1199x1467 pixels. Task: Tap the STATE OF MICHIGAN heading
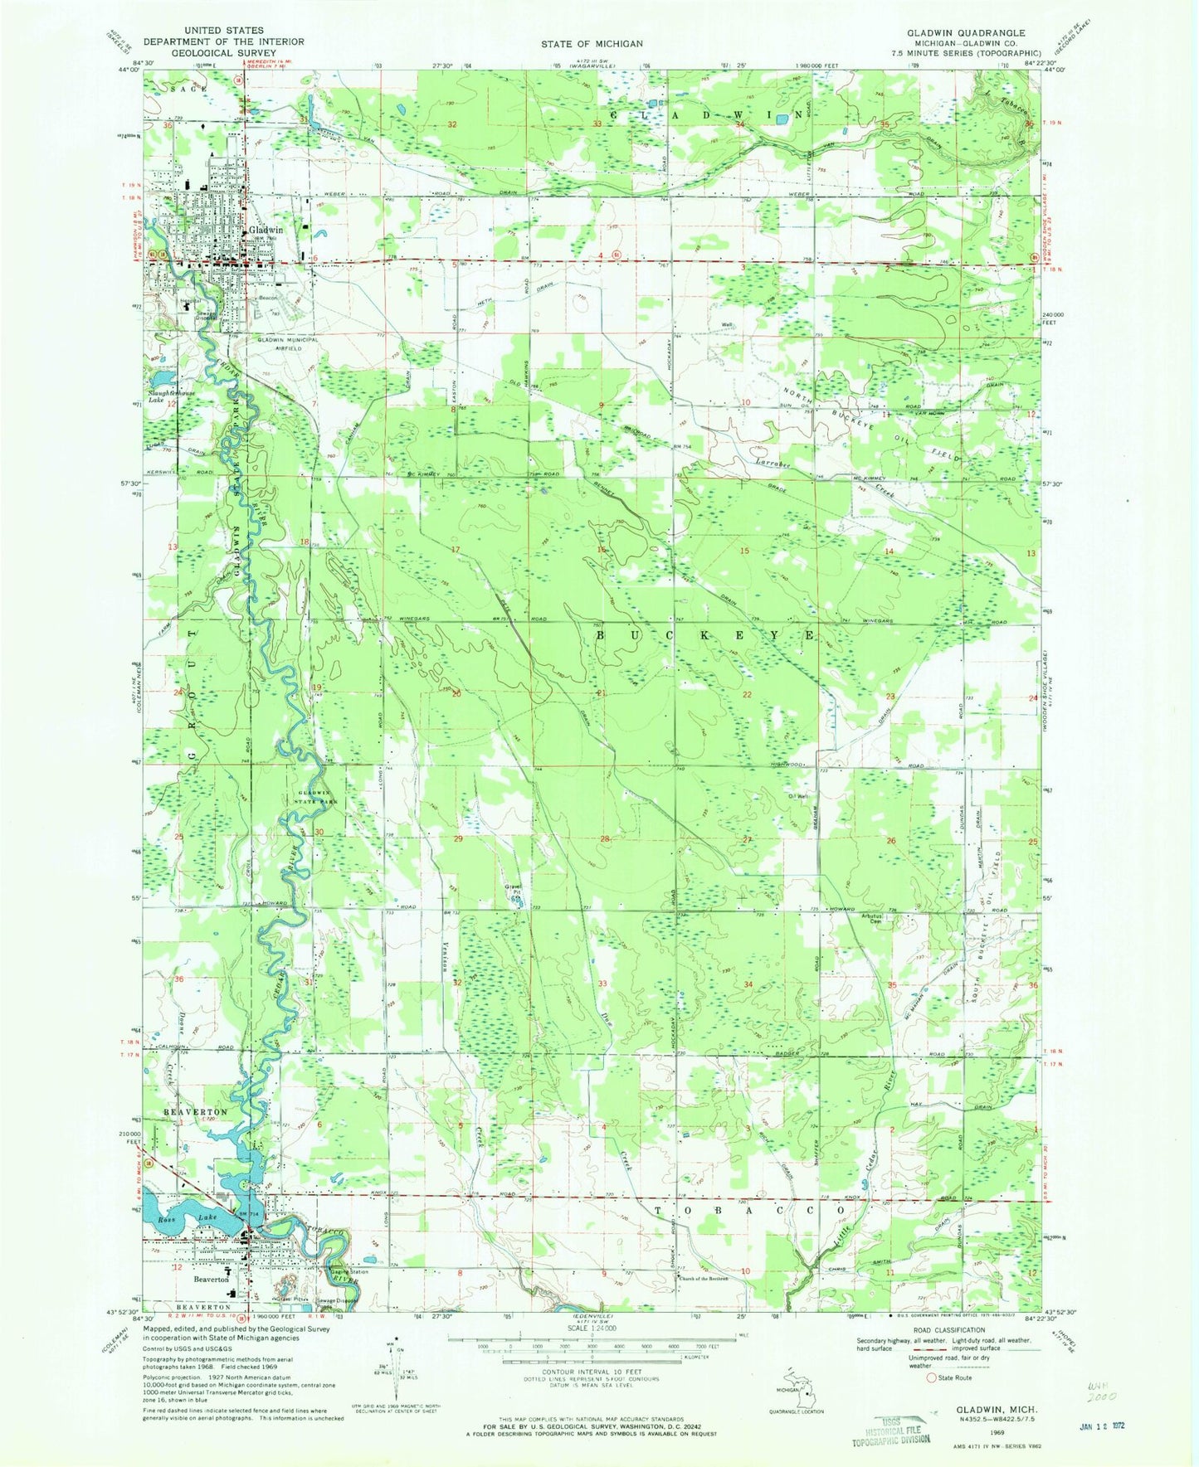click(592, 43)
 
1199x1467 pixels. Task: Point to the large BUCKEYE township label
click(704, 634)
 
